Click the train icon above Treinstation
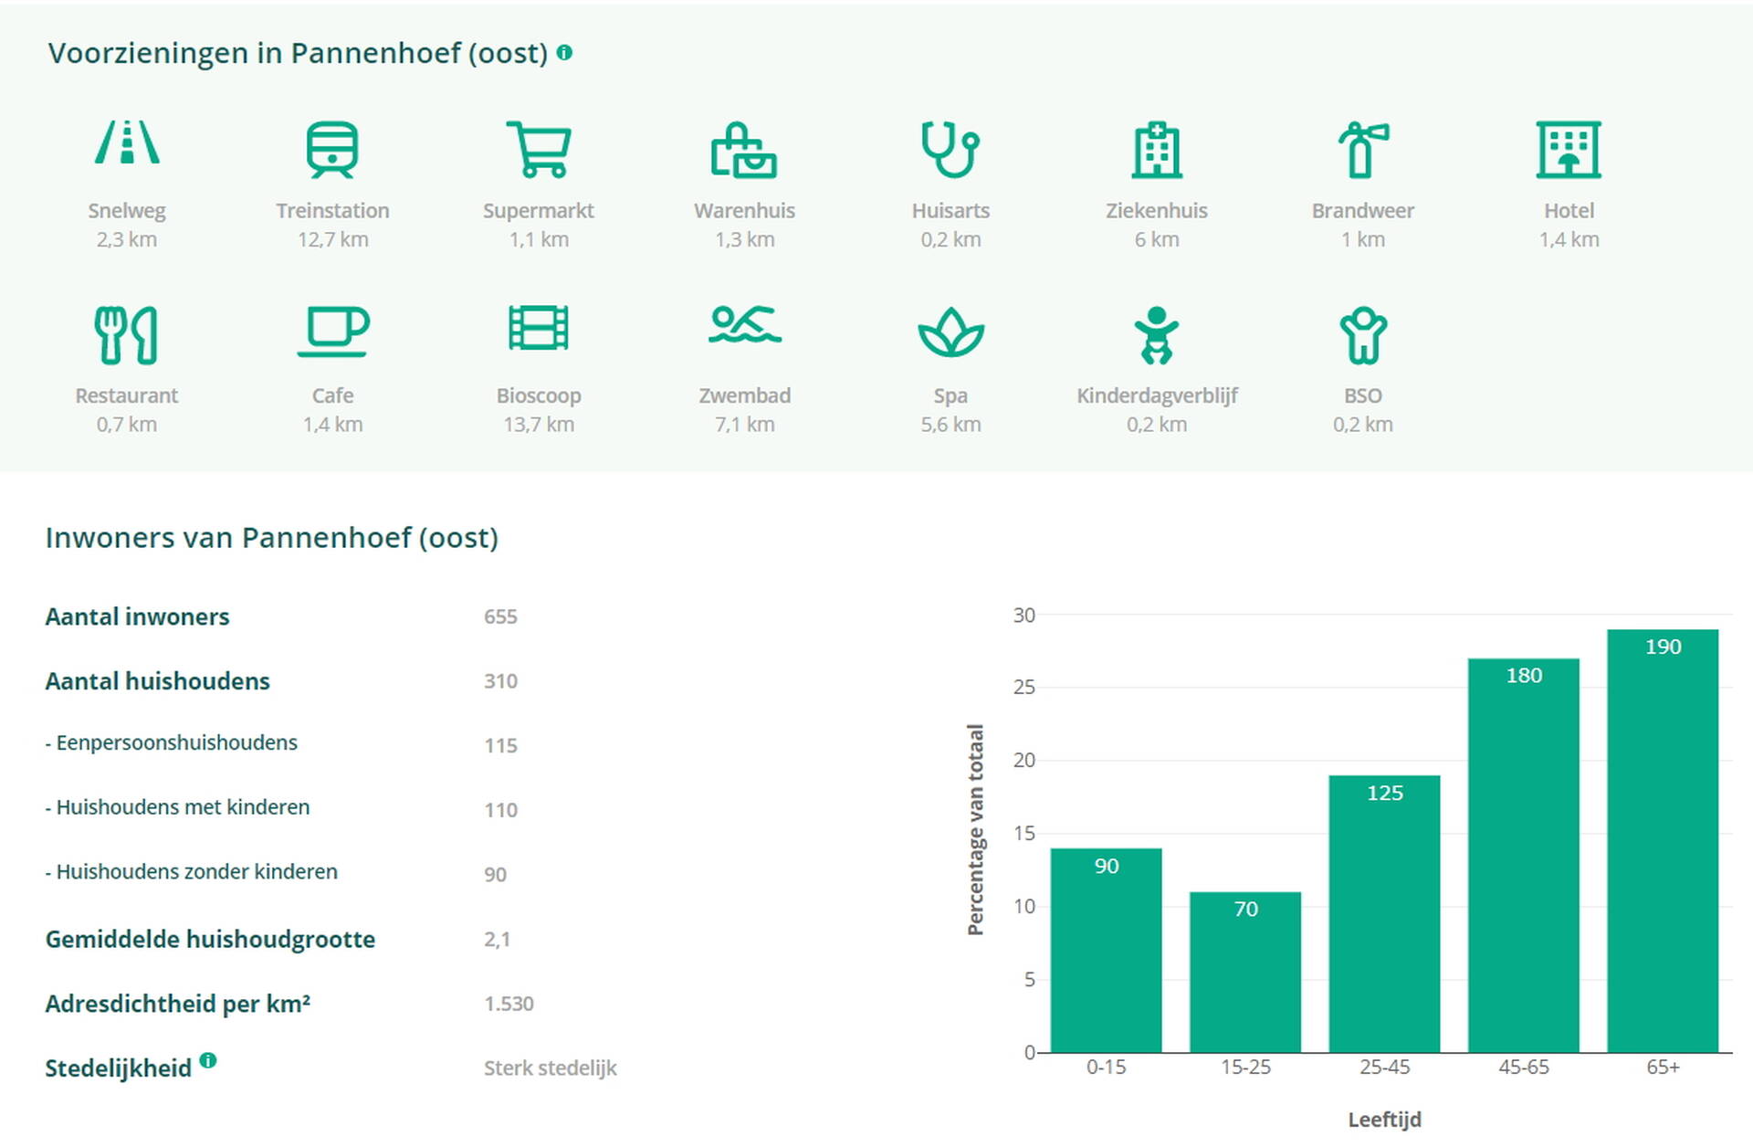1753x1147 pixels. tap(332, 149)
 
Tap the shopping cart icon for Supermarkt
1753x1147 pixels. tap(539, 149)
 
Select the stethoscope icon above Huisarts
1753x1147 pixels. tap(950, 149)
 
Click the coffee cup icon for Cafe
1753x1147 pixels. tap(332, 331)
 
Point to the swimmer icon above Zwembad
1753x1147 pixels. tap(744, 326)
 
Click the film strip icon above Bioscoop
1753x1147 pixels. tap(539, 328)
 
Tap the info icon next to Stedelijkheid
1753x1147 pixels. tap(208, 1060)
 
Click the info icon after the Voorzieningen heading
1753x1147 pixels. tap(564, 53)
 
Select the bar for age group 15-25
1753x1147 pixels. tap(1245, 972)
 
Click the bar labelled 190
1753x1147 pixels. tap(1663, 840)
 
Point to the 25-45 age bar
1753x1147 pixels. tap(1384, 913)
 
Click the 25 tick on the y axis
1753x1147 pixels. tap(1023, 688)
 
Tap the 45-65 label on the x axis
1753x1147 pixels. tap(1523, 1067)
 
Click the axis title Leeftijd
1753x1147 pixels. tap(1384, 1120)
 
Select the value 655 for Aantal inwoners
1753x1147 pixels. tap(500, 617)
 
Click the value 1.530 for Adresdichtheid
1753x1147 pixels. tap(509, 1004)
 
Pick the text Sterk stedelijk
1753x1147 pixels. tap(550, 1068)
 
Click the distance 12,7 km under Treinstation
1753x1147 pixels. tap(332, 240)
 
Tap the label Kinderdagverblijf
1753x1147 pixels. tap(1157, 395)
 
